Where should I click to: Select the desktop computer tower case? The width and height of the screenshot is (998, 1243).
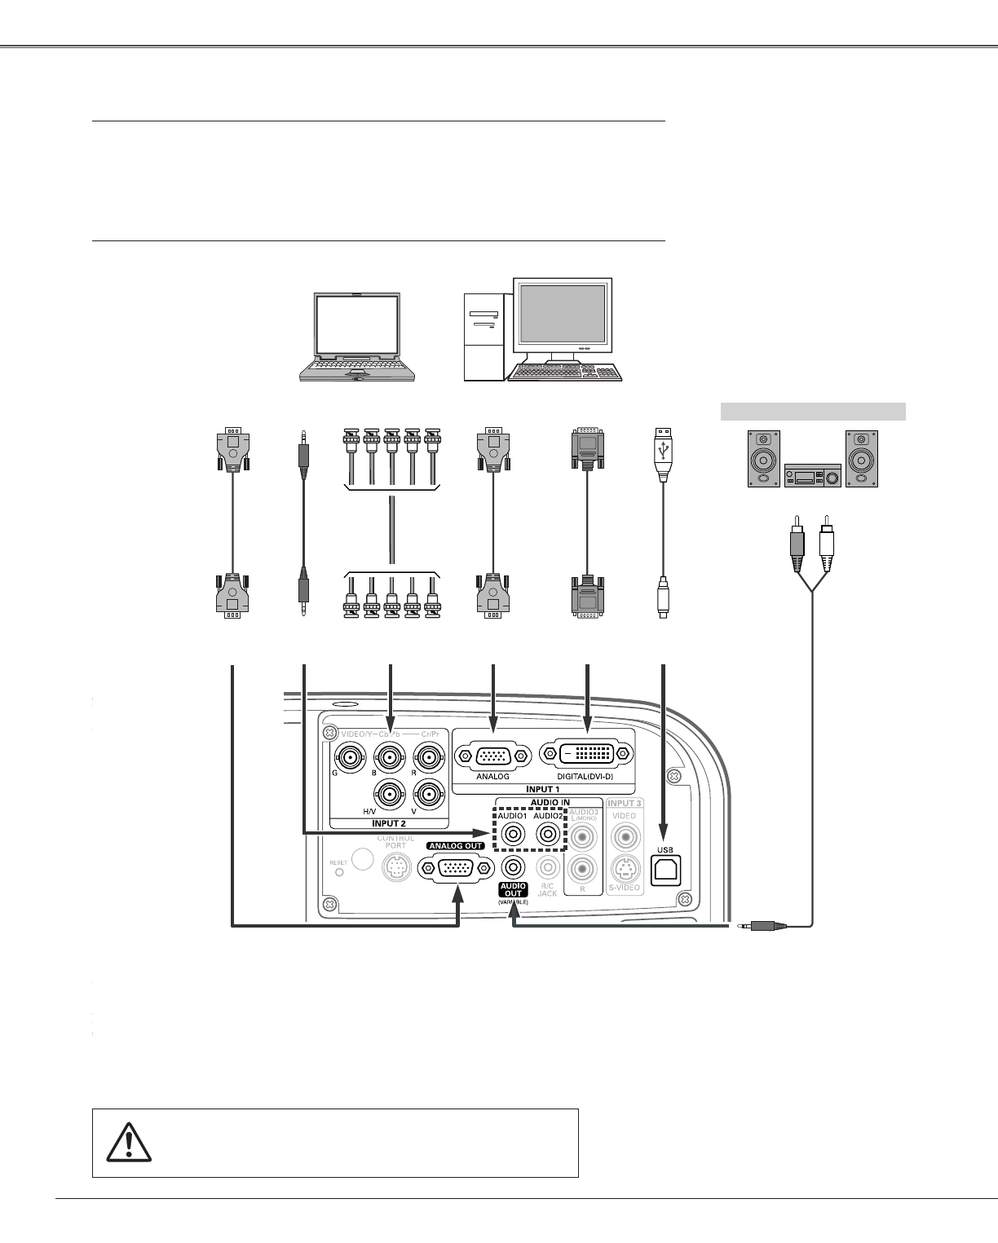pos(484,338)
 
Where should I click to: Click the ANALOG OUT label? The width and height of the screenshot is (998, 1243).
pos(454,845)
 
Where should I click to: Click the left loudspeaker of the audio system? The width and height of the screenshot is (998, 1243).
pos(764,459)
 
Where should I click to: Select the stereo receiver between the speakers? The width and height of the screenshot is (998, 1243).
pos(812,475)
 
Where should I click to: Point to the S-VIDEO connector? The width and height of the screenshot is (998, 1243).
pos(625,867)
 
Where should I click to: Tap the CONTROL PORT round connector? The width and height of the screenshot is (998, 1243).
pos(395,871)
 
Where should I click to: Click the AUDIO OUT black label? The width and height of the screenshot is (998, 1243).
pos(513,889)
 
